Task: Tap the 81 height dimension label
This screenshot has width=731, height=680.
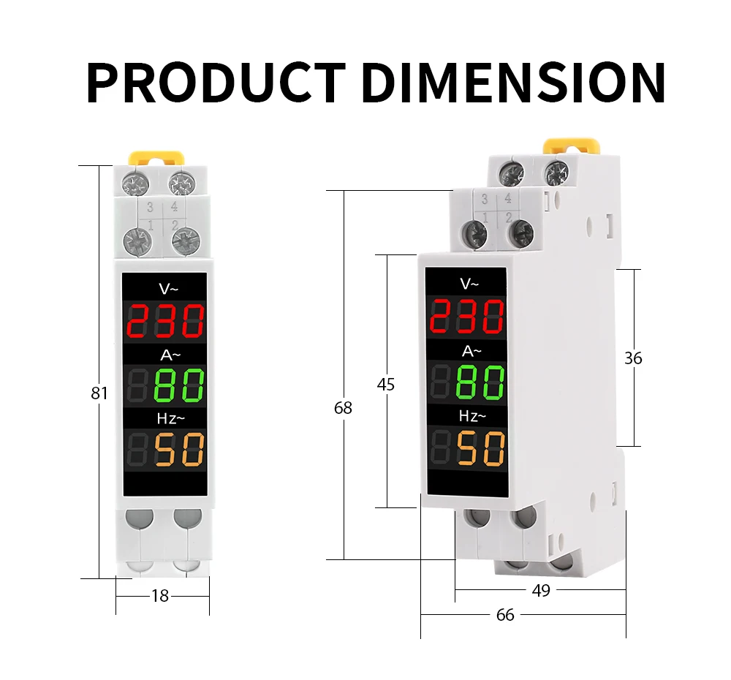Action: (99, 393)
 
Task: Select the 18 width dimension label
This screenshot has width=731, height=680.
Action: (160, 596)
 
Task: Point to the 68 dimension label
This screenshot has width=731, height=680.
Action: (343, 408)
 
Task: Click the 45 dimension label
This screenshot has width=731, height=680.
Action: (385, 384)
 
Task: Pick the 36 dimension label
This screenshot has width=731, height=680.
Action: (633, 358)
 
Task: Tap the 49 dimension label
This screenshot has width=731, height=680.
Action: (541, 590)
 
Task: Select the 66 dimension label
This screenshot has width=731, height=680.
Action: (505, 615)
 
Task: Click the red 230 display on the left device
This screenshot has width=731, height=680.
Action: (165, 320)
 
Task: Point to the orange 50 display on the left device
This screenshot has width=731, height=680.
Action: (179, 449)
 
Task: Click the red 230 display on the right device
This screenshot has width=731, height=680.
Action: (466, 316)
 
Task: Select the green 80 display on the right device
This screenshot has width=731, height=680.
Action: (480, 382)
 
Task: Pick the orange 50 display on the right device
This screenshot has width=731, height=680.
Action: (481, 447)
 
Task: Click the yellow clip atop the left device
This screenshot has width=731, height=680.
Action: (156, 157)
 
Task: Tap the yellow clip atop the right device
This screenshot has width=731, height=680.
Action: (570, 145)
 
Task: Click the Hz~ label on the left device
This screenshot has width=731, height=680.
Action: (171, 418)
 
